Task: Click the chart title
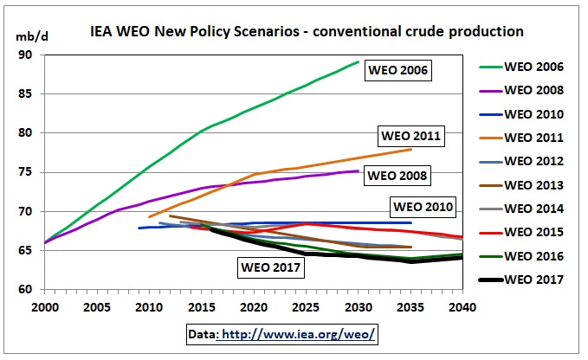tap(307, 31)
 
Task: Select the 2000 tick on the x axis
tap(45, 305)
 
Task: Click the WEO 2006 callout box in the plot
tap(398, 69)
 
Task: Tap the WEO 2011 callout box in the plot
tap(410, 136)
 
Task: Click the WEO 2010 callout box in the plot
tap(423, 207)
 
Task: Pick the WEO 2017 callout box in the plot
tap(270, 267)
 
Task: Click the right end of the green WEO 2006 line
tap(359, 62)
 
